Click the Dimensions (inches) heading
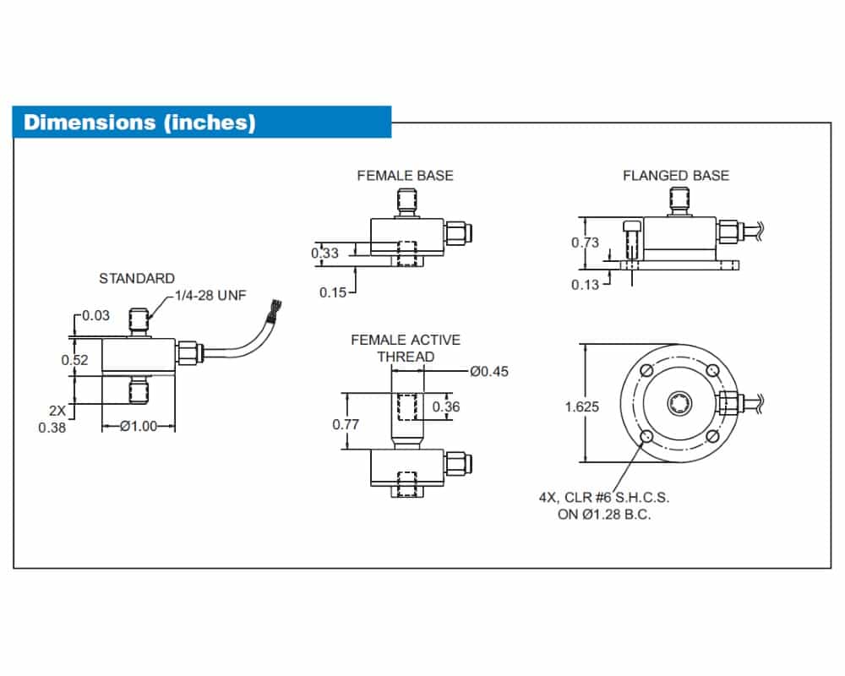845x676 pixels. [139, 123]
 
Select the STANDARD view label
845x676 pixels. [137, 278]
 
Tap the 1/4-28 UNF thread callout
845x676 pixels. [210, 296]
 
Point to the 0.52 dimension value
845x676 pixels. [74, 360]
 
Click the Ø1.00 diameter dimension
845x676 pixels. [139, 427]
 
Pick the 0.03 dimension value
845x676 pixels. [96, 315]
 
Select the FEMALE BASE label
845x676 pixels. [406, 176]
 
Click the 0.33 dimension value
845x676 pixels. [325, 253]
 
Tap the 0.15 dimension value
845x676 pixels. [333, 292]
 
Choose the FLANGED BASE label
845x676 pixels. [676, 176]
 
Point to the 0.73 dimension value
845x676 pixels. [586, 243]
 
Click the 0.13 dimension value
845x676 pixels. [586, 285]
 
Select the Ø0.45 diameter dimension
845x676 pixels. [489, 372]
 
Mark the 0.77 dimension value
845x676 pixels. [346, 425]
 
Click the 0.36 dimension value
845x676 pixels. [446, 407]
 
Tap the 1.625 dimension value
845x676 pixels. [582, 407]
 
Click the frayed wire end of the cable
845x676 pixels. [275, 312]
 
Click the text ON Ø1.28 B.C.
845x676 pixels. [604, 515]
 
